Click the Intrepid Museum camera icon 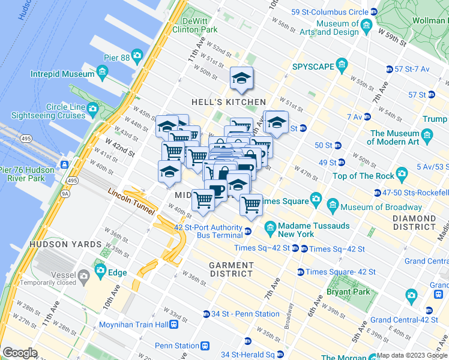[x=102, y=72]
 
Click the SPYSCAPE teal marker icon [x=342, y=64]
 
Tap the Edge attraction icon [x=100, y=271]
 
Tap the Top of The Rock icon [x=402, y=175]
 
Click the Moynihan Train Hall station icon [x=173, y=325]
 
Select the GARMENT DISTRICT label [x=231, y=269]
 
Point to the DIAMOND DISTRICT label [x=415, y=223]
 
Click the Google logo [x=20, y=353]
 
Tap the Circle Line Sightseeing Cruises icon [x=92, y=109]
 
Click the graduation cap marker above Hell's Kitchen [x=241, y=78]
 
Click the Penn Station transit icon [x=205, y=346]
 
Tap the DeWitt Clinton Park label [x=194, y=25]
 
